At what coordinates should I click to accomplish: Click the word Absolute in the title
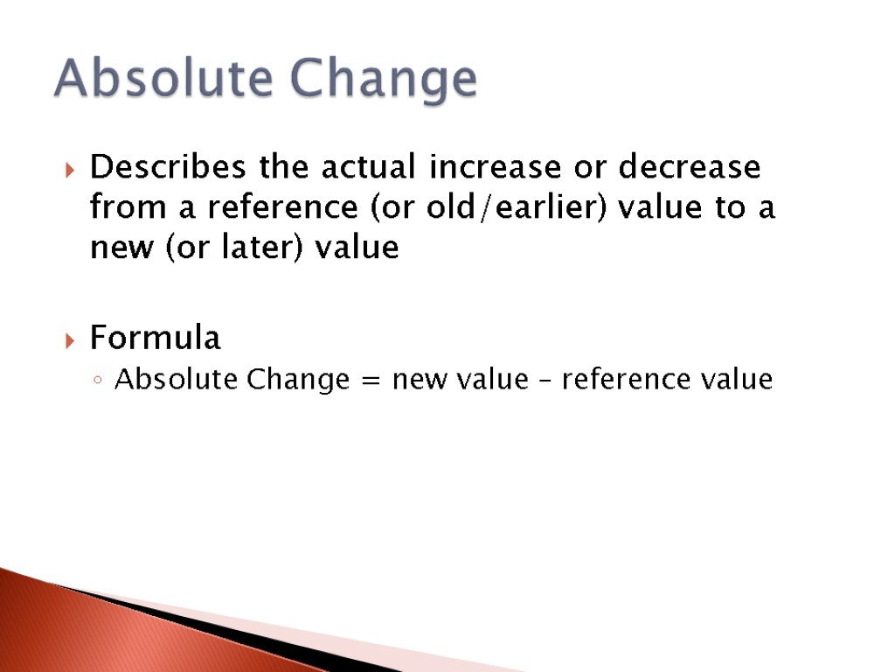click(x=164, y=80)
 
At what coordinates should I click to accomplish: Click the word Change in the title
click(x=384, y=80)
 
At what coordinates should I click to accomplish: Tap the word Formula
click(x=156, y=338)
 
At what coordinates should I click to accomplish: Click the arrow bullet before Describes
click(x=72, y=168)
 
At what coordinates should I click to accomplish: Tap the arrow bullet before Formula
click(x=72, y=339)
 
